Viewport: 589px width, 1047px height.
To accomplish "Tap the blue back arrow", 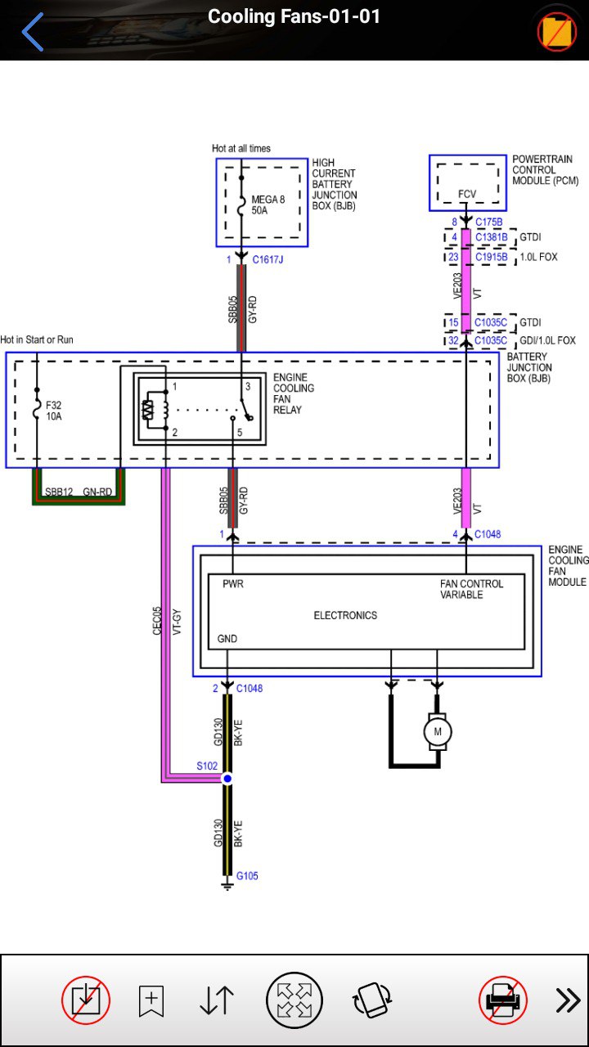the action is point(32,32).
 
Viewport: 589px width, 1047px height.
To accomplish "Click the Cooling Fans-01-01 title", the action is point(294,16).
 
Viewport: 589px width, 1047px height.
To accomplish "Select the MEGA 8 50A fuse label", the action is point(268,204).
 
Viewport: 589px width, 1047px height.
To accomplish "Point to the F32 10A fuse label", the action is point(53,411).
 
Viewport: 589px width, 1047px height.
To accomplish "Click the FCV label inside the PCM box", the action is point(467,194).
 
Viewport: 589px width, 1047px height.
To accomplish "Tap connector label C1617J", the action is point(268,259).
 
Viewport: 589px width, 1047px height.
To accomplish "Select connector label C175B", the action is point(488,222).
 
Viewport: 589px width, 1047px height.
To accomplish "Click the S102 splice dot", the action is point(227,779).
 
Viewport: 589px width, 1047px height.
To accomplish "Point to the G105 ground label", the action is point(247,875).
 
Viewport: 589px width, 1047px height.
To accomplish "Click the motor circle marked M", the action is point(438,731).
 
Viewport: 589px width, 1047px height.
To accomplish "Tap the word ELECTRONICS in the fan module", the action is point(345,615).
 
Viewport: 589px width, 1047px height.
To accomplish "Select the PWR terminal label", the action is point(233,584).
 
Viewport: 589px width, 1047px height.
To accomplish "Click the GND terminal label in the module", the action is point(227,639).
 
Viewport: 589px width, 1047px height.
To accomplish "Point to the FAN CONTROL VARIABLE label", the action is point(471,589).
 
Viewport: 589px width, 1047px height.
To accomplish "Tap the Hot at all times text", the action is point(241,148).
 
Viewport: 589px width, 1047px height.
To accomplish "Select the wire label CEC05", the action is point(157,621).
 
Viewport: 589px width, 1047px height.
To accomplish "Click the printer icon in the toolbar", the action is point(502,1000).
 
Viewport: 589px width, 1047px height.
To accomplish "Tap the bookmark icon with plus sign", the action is point(151,1000).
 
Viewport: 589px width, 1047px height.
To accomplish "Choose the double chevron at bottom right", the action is point(568,1000).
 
